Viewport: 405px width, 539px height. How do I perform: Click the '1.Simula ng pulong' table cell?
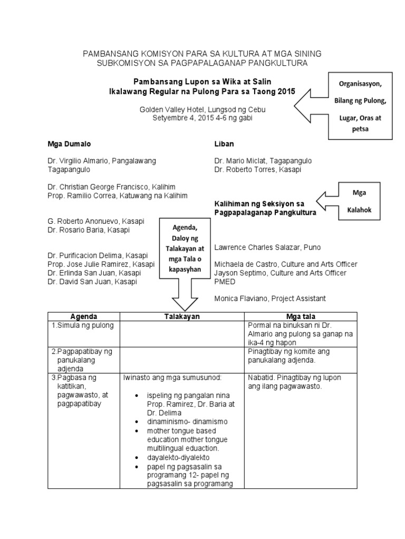tap(83, 325)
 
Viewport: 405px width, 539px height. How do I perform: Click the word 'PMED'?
tap(225, 281)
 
